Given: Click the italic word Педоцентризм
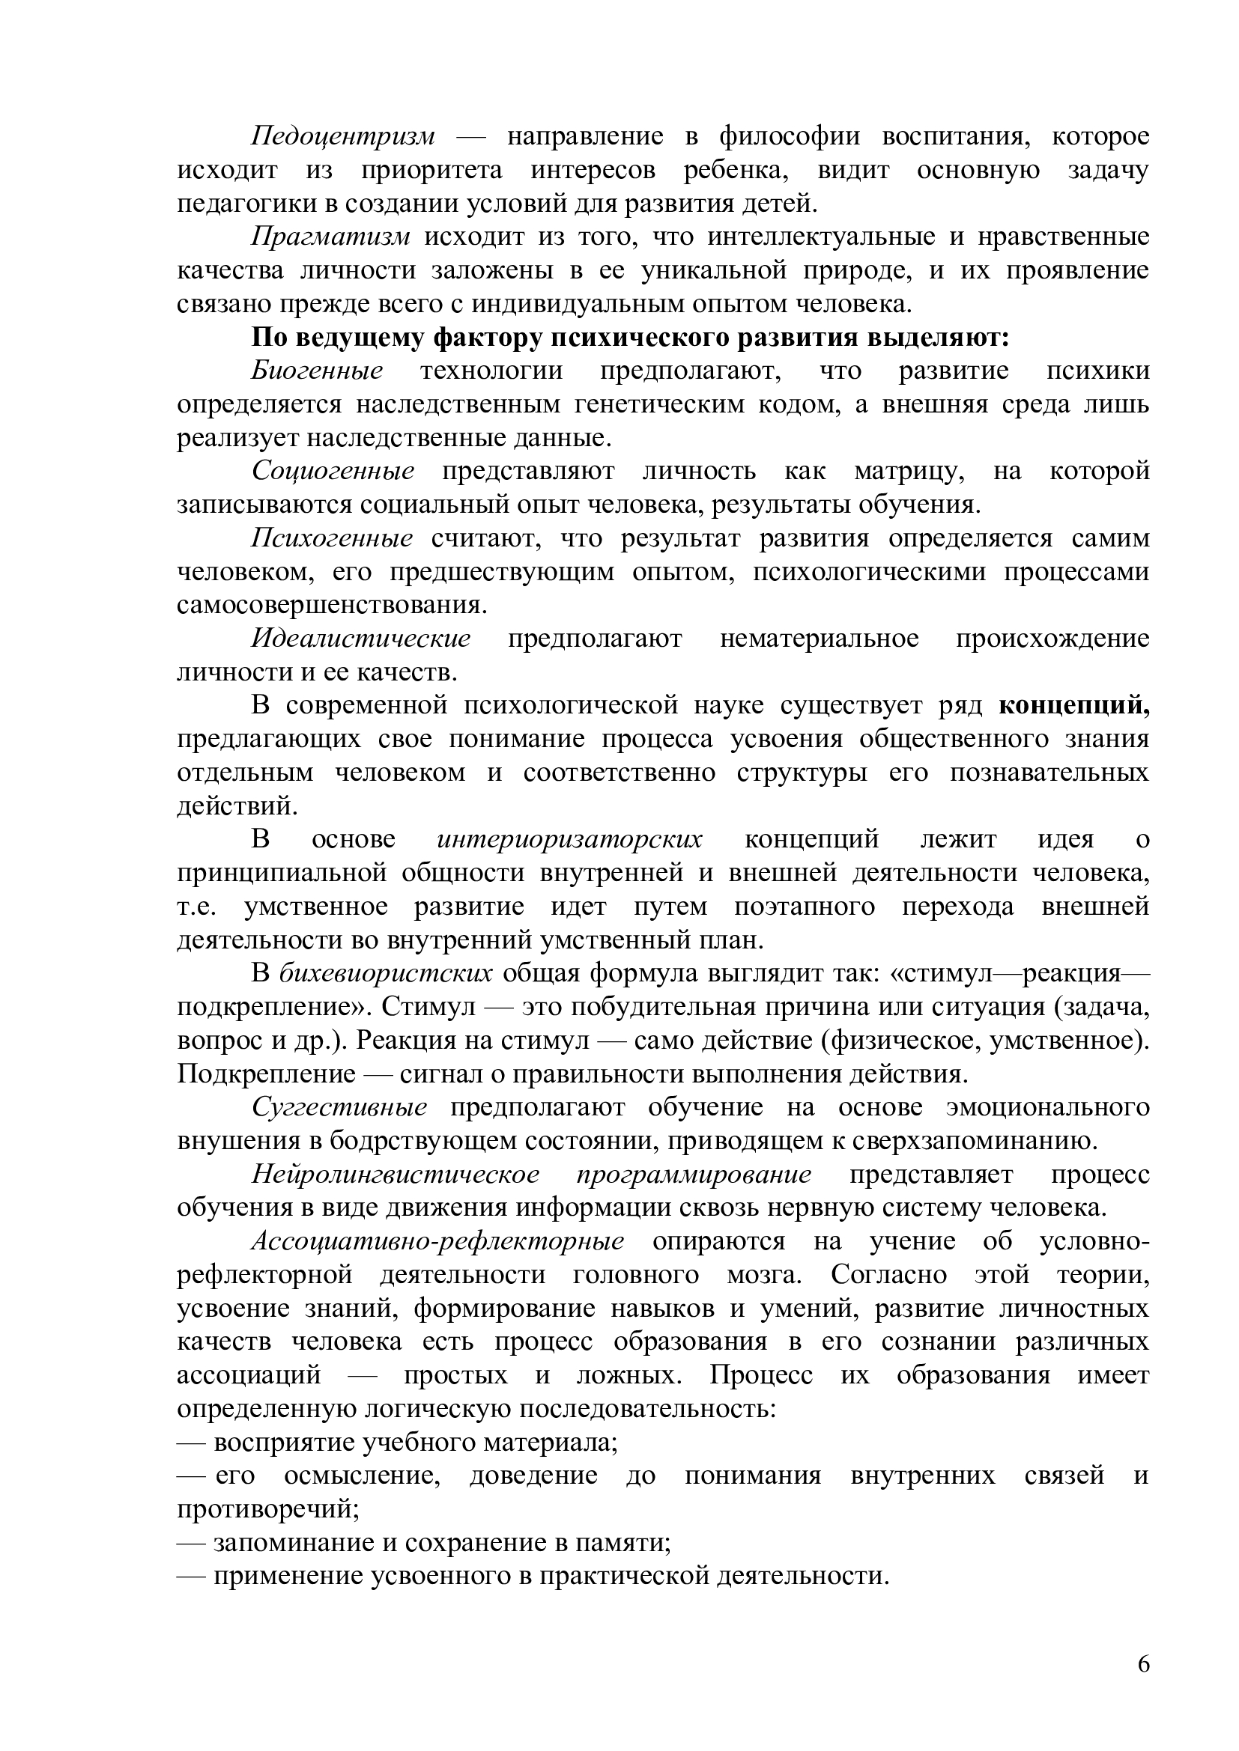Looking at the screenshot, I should coord(343,137).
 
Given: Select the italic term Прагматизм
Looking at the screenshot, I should coord(331,237).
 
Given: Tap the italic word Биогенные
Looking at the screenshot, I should coord(318,371).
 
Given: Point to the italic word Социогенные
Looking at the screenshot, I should coord(333,472).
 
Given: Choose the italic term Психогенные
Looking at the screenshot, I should coord(332,539).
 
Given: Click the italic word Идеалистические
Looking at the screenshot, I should coord(361,639).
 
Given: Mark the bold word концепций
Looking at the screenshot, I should coord(1073,706).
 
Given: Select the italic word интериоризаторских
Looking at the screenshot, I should coord(570,840).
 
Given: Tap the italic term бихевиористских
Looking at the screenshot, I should coord(386,974).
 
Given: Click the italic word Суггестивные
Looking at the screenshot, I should coord(339,1107).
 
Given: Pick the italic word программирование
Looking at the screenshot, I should coord(694,1175).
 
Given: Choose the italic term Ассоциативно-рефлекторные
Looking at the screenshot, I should coord(438,1241).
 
